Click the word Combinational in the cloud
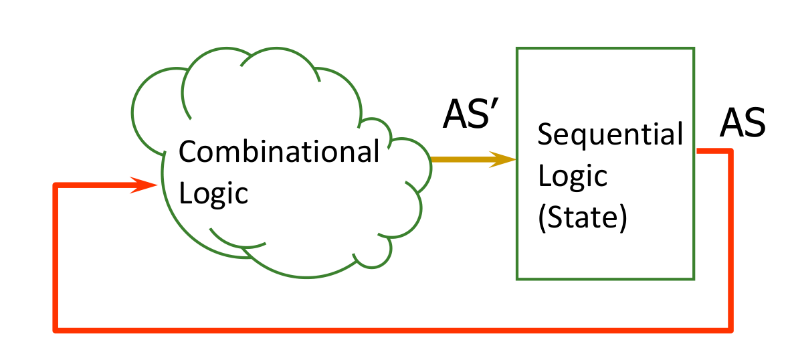tap(279, 153)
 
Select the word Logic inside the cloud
tap(213, 194)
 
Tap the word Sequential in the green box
tap(610, 136)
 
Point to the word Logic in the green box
tap(573, 177)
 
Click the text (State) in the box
tap(582, 219)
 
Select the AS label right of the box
tap(742, 124)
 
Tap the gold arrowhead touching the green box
tap(505, 159)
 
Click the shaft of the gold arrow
tap(462, 159)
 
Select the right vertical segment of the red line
tap(730, 241)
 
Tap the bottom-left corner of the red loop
tap(56, 329)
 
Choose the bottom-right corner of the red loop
tap(730, 329)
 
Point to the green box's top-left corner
tap(517, 48)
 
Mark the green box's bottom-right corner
tap(694, 278)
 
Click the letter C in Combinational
tap(187, 153)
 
